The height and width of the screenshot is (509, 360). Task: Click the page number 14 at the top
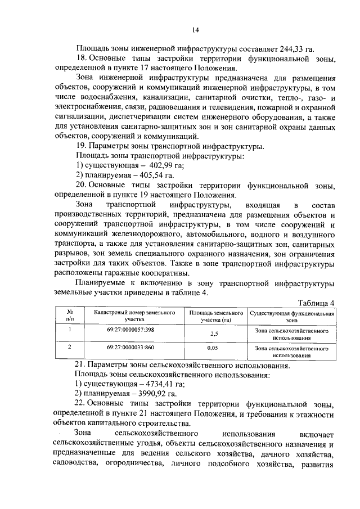(x=195, y=30)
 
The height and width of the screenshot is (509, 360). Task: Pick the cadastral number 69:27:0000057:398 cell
(x=130, y=330)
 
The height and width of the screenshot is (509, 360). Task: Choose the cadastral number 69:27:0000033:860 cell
(x=130, y=348)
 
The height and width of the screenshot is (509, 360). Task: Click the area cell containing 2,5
(x=214, y=334)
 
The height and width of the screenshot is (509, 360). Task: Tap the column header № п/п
(x=71, y=315)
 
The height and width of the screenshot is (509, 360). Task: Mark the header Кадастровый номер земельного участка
(x=130, y=315)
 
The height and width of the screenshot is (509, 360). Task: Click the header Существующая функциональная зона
(x=292, y=315)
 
